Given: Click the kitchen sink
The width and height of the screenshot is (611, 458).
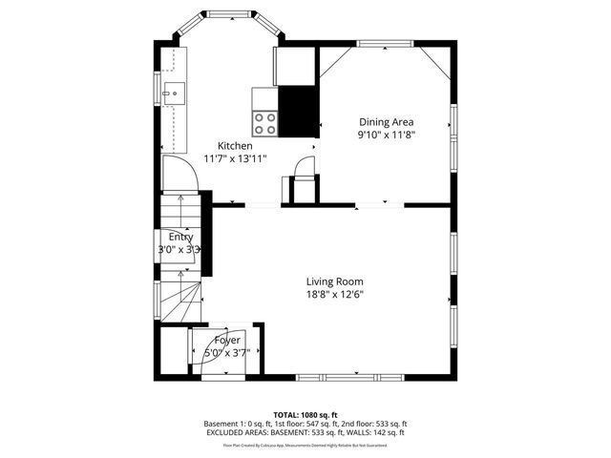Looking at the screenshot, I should point(174,93).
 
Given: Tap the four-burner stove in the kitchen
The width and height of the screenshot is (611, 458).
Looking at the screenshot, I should point(264,123).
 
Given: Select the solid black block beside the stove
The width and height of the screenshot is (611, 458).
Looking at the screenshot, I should point(297,111).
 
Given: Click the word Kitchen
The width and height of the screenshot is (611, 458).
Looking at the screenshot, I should point(235,146).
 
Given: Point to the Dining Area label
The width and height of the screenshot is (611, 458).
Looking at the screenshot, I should point(386,121).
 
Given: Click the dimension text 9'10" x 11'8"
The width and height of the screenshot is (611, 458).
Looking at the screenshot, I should point(386,135).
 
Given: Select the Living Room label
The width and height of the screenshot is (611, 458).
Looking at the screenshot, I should point(334,281).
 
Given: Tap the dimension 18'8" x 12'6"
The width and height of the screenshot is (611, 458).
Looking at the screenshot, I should point(334,294).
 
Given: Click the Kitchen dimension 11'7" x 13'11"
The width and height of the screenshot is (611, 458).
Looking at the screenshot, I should point(235,158).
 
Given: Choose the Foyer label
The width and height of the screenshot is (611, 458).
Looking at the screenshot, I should point(226,340).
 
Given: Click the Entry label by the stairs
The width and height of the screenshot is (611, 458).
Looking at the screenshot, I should point(180,237).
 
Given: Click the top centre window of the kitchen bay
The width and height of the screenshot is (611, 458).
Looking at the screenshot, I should point(226,14).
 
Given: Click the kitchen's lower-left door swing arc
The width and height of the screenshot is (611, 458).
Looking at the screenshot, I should point(178,172).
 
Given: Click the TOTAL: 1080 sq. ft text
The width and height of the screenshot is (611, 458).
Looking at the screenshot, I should point(305,414).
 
